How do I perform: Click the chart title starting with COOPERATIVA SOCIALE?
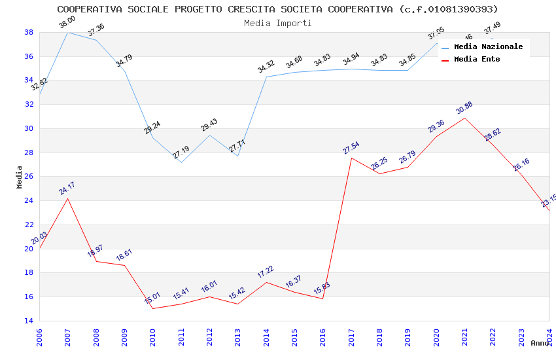pyautogui.click(x=277, y=9)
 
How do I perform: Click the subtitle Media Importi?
pyautogui.click(x=277, y=23)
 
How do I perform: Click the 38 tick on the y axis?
pyautogui.click(x=29, y=32)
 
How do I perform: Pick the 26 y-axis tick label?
pyautogui.click(x=29, y=177)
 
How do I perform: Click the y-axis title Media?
pyautogui.click(x=20, y=177)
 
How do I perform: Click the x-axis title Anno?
pyautogui.click(x=540, y=343)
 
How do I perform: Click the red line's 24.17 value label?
pyautogui.click(x=67, y=188)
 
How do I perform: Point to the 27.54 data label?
pyautogui.click(x=351, y=147)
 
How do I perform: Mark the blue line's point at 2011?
pyautogui.click(x=181, y=162)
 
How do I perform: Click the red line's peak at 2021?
pyautogui.click(x=464, y=118)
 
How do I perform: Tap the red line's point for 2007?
pyautogui.click(x=67, y=198)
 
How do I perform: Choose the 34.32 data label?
pyautogui.click(x=266, y=66)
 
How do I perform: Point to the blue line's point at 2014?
pyautogui.click(x=266, y=77)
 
